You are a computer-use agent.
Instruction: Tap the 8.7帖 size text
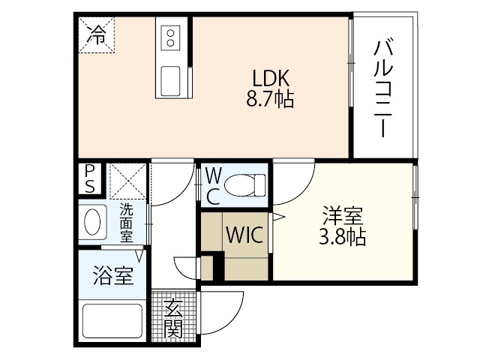[271, 99]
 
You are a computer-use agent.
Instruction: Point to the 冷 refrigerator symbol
[97, 33]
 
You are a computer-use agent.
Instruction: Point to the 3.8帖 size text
[343, 238]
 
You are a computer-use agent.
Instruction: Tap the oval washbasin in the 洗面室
[94, 223]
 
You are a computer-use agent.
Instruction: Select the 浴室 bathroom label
[113, 276]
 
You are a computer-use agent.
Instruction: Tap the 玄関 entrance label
[173, 316]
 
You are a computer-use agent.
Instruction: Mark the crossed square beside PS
[127, 181]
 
